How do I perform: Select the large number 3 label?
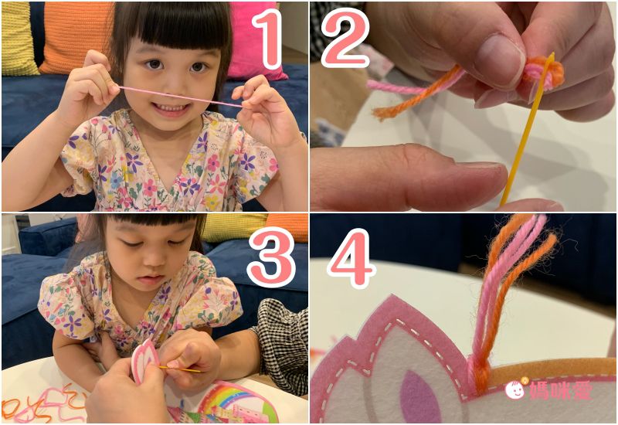click(272, 257)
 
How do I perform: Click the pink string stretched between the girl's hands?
click(181, 97)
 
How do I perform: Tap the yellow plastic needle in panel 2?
click(527, 130)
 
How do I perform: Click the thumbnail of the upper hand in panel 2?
click(498, 59)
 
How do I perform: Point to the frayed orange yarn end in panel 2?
click(384, 112)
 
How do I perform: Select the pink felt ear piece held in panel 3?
click(144, 359)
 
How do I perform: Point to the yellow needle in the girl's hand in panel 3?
click(180, 369)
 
